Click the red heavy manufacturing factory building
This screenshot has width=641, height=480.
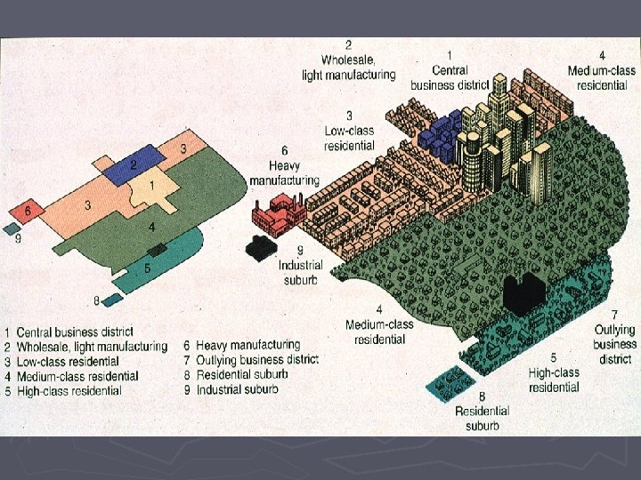click(278, 212)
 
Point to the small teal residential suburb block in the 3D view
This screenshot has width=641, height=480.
click(451, 383)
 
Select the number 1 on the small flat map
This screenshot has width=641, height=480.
click(152, 185)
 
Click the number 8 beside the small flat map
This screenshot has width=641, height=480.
click(96, 300)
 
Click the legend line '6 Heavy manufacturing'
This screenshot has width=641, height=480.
click(242, 345)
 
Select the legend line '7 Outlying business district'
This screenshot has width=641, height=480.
click(250, 360)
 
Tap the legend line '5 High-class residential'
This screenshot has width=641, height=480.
click(69, 390)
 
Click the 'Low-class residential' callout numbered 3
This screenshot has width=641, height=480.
click(349, 130)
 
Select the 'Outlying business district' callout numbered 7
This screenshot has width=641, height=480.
click(614, 337)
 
